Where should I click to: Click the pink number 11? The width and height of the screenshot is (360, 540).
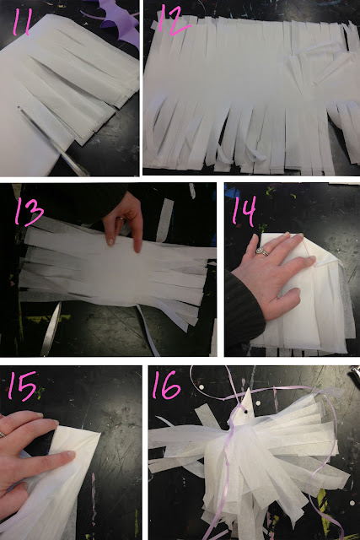(x=23, y=22)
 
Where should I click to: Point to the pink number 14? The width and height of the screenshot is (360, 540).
(x=244, y=211)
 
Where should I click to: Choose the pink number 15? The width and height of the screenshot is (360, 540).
(x=23, y=386)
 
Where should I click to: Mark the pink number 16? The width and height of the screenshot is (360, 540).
(x=167, y=385)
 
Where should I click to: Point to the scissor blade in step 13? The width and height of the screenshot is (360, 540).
(x=51, y=329)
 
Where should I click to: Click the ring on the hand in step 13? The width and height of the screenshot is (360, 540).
(x=121, y=219)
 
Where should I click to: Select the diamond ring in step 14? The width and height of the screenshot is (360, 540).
(x=262, y=251)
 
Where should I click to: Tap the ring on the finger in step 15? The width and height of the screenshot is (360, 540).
(x=2, y=434)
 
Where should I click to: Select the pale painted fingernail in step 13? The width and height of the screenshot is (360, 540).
(x=110, y=241)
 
